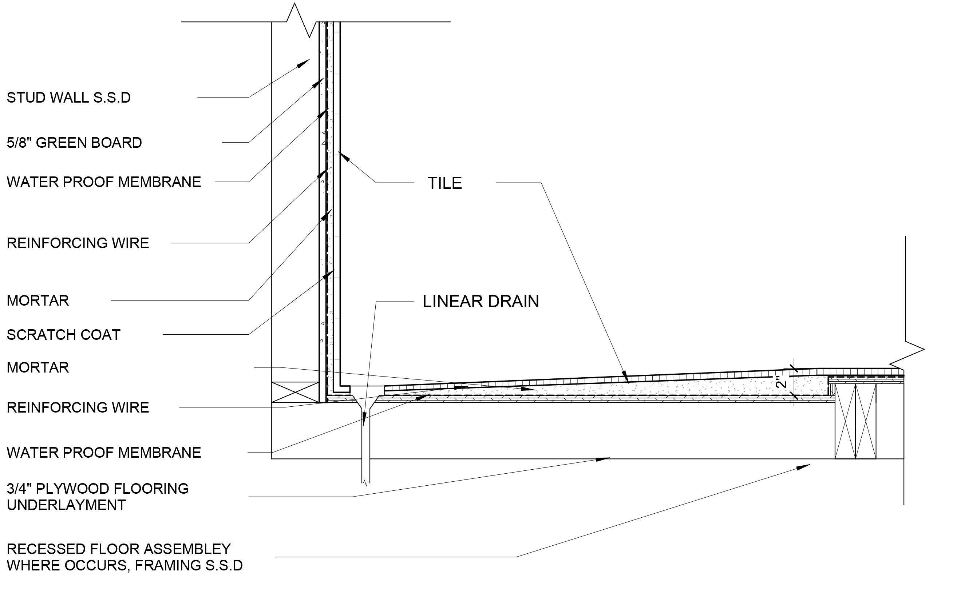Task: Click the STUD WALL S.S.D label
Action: [x=68, y=98]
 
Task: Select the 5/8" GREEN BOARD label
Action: [x=74, y=143]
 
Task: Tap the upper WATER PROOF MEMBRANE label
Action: [x=104, y=182]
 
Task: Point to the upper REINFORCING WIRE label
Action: [x=78, y=243]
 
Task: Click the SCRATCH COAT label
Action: [x=63, y=335]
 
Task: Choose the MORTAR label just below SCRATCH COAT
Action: [x=37, y=367]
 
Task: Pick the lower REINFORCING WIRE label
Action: [x=78, y=407]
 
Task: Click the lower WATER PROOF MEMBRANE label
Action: [x=104, y=453]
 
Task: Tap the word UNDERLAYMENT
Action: [x=66, y=505]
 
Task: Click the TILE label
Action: [x=444, y=183]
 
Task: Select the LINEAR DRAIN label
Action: [x=481, y=302]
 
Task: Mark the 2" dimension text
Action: [x=781, y=382]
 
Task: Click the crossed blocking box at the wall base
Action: [x=295, y=392]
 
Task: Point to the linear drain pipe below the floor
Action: [x=366, y=447]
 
